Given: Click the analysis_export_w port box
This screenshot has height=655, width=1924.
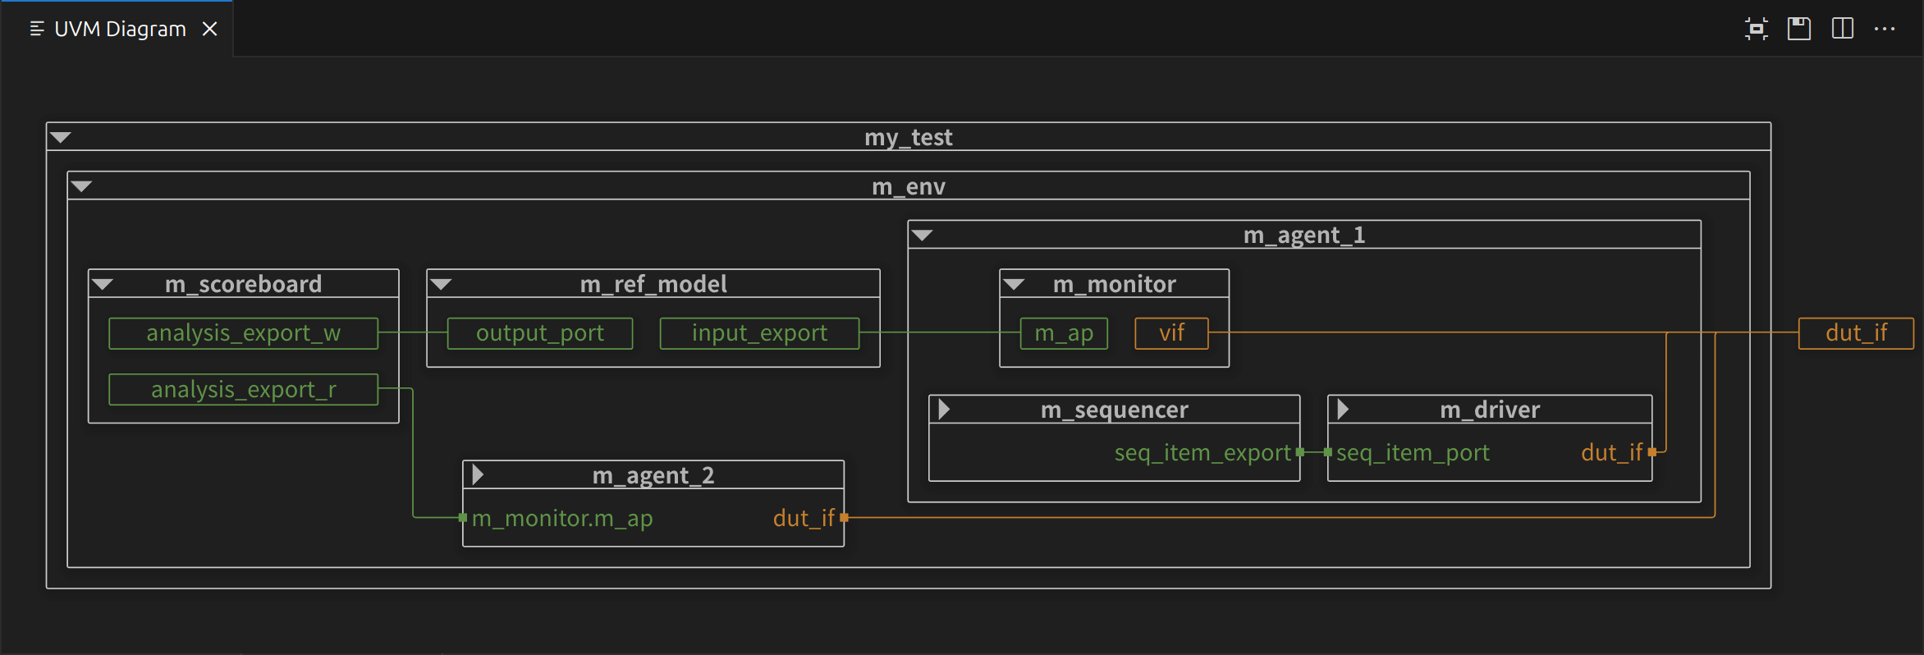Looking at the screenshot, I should point(243,333).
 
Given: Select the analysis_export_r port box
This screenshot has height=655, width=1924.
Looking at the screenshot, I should point(243,389).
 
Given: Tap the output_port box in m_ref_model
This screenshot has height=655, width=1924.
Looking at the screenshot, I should point(539,333).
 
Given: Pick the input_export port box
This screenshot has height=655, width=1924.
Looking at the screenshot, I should point(759,333).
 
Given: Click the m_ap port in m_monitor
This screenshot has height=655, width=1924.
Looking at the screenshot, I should point(1063,333).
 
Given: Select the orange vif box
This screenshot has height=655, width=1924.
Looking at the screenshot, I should point(1171,333).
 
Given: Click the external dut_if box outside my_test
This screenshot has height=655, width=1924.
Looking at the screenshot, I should point(1855,333).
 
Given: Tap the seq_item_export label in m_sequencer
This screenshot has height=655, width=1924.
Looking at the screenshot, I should point(1202,452).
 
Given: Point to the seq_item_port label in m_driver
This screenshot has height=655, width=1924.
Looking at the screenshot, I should point(1413,452).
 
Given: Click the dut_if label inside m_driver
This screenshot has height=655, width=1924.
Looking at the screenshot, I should point(1611,452).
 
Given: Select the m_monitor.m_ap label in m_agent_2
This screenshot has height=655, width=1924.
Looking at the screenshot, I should point(562,518).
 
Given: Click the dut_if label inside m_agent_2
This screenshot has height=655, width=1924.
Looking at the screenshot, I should point(804,518).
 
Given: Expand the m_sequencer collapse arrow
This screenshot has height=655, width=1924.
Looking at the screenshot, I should point(944,409).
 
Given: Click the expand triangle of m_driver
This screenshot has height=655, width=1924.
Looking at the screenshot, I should point(1343,409).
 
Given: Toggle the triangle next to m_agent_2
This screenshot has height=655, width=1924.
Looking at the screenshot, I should point(478,474).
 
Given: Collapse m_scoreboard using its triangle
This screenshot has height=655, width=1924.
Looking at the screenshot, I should point(103,284).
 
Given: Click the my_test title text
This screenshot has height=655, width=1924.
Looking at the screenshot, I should point(908,137).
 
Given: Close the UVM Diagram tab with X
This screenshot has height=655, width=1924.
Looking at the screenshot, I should point(210,29).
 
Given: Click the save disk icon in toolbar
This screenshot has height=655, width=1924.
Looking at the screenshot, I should point(1799,29).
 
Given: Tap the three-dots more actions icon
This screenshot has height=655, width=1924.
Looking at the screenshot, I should point(1885,29).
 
